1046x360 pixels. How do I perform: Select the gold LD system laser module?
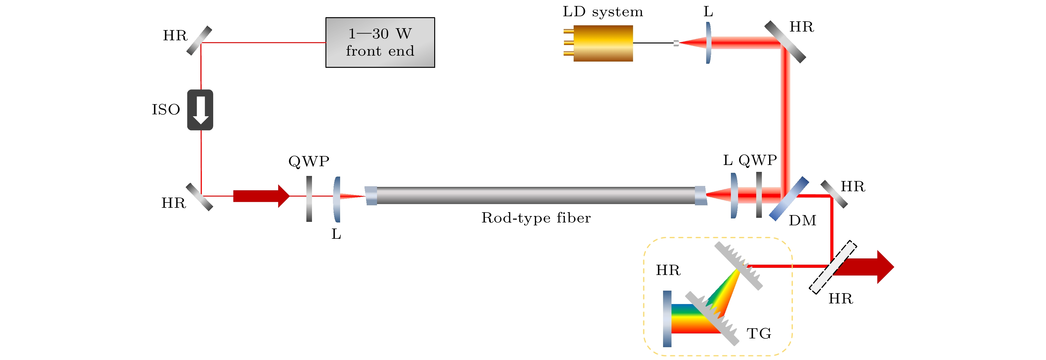tap(603, 43)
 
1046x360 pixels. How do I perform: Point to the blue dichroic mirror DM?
tap(788, 198)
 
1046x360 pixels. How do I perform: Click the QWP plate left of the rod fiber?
tap(309, 198)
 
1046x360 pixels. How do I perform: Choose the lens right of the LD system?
tap(708, 42)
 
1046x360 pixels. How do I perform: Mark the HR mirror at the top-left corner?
tap(199, 40)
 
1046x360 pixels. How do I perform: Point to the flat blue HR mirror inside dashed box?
tap(667, 319)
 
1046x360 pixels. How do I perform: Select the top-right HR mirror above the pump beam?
tap(785, 42)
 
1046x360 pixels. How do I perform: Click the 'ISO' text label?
tap(166, 110)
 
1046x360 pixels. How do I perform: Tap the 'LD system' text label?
tap(603, 12)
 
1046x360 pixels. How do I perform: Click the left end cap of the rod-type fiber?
tap(371, 196)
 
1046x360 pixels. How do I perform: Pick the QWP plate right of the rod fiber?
tap(758, 195)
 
